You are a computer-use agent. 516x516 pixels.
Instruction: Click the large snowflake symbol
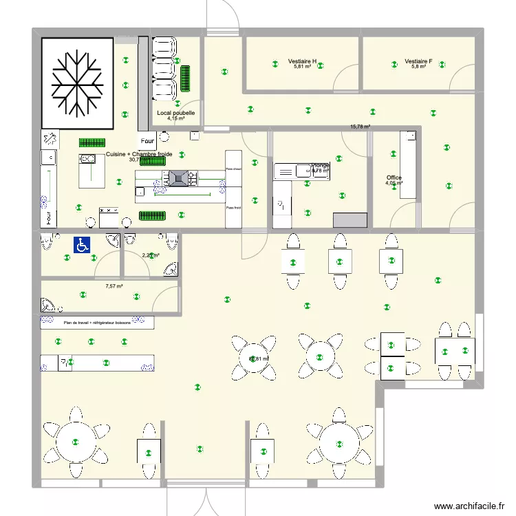click(x=76, y=83)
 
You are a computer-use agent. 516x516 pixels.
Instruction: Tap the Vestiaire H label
click(x=302, y=61)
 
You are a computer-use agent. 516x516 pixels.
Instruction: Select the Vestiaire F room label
click(x=418, y=61)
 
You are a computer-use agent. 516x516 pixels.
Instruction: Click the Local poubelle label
click(x=175, y=113)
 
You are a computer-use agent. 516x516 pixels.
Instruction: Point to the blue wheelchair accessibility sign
click(x=82, y=244)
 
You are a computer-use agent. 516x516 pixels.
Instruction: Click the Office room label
click(x=394, y=178)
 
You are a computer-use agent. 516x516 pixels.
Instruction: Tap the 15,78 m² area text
click(x=360, y=127)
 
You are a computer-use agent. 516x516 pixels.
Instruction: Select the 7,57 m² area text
click(x=114, y=286)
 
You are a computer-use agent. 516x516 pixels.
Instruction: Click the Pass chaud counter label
click(x=233, y=169)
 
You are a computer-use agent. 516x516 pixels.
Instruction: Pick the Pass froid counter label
click(x=233, y=206)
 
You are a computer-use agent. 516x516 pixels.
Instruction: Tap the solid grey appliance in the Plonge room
click(x=350, y=220)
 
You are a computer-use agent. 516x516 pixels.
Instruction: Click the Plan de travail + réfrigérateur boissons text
click(x=96, y=322)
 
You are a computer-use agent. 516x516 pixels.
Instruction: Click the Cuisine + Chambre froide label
click(x=139, y=154)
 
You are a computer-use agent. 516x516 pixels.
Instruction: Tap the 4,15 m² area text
click(x=175, y=118)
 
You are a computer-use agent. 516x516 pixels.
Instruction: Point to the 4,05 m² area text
click(x=394, y=184)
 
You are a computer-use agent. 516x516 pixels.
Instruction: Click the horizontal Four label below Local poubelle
click(x=148, y=141)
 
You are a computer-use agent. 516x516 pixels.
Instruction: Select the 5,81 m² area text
click(x=302, y=67)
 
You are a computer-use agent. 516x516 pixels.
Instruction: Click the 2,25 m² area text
click(x=150, y=255)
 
